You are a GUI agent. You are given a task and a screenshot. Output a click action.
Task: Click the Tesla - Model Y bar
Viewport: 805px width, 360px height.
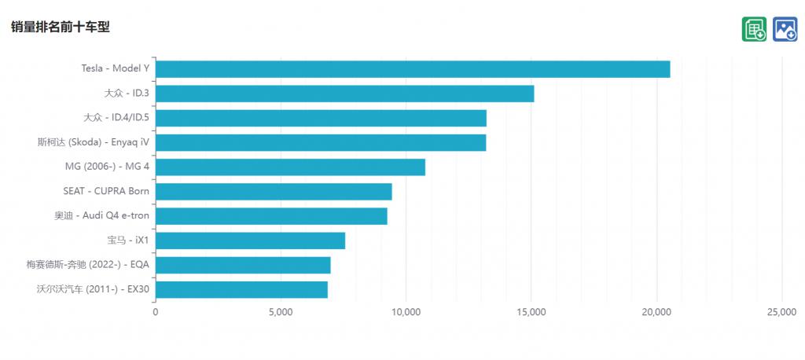pos(413,69)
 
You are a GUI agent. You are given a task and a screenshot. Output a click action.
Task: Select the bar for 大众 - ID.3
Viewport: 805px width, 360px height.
pos(344,94)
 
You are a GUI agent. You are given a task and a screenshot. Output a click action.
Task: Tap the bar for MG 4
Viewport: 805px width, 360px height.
pos(290,167)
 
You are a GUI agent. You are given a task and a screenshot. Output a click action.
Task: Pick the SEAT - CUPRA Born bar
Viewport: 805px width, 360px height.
pos(274,192)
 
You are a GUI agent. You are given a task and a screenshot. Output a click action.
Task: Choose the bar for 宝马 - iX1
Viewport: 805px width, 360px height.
pos(250,241)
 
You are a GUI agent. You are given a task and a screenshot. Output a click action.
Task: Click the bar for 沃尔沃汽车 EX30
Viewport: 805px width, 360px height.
pos(241,289)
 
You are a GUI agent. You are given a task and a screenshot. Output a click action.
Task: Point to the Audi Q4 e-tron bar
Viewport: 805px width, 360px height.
pos(271,216)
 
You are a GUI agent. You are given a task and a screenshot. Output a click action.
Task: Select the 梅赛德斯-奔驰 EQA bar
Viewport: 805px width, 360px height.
pos(243,265)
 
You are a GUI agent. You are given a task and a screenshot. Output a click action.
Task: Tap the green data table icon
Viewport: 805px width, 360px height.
pos(754,29)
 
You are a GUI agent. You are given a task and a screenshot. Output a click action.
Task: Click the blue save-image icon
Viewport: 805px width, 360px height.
pos(785,29)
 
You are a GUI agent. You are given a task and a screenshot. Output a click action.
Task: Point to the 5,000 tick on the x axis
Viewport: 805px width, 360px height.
pos(281,312)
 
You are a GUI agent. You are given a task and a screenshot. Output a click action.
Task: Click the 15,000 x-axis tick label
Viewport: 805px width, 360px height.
pos(531,312)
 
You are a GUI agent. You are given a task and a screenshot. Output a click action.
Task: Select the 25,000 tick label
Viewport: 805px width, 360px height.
pos(781,312)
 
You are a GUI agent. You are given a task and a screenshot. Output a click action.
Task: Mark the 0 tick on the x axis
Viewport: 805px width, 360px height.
pos(155,312)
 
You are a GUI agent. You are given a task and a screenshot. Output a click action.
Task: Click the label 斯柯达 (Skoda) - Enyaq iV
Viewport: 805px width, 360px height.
pos(93,142)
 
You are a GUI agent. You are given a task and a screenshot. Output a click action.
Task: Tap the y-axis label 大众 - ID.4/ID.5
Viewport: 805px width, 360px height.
pos(116,118)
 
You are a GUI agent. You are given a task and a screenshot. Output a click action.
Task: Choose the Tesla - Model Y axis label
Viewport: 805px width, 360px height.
pos(115,68)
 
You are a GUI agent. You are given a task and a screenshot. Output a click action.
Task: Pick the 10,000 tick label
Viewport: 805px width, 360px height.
pos(406,312)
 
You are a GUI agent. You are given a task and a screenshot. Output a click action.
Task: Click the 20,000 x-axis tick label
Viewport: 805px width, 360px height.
pos(656,312)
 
